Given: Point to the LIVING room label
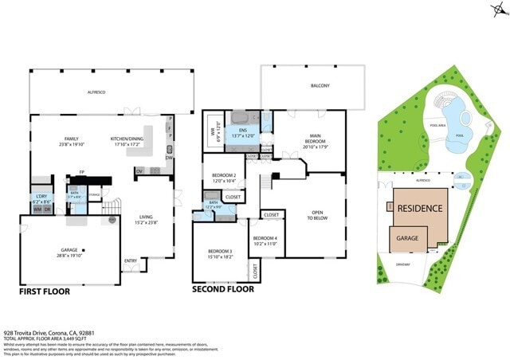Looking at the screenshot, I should point(146,217).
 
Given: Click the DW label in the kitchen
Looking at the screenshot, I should point(169,158).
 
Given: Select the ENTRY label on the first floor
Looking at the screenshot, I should point(131,260).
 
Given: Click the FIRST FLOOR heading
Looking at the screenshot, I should point(45,292).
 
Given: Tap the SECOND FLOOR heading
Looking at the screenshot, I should point(223,289).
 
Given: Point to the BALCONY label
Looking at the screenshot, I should point(320,85).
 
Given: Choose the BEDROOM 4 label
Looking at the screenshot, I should point(265,241).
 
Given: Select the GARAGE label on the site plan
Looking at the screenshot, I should point(408,237).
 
